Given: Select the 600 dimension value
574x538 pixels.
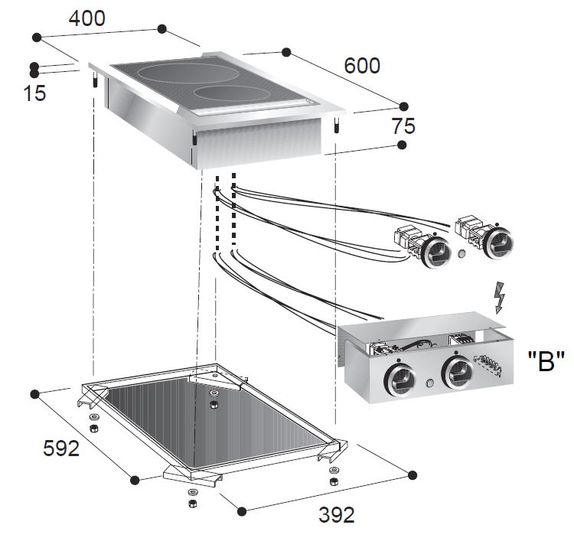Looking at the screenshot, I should (x=361, y=66).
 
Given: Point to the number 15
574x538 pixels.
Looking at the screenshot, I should (x=34, y=93).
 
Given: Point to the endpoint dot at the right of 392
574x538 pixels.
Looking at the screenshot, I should (x=413, y=474).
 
